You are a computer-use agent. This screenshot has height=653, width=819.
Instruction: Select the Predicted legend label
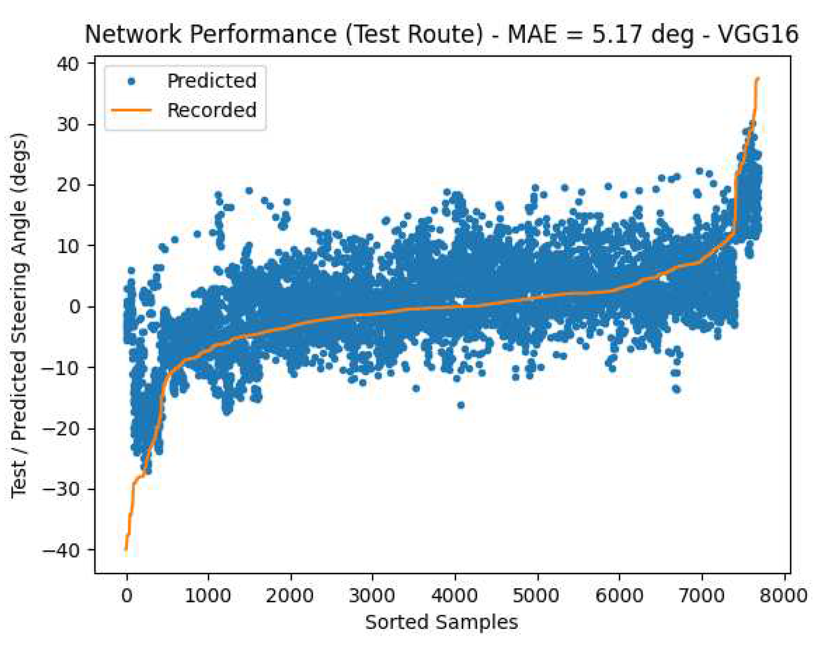pos(212,81)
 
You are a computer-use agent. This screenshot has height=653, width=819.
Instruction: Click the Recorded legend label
pos(212,110)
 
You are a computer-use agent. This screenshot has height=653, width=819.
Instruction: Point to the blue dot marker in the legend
pos(131,81)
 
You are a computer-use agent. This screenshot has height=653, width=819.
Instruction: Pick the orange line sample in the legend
pos(131,110)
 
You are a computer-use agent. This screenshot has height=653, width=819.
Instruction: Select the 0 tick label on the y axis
pos(76,307)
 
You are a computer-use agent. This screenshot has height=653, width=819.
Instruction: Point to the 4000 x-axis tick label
pos(455,596)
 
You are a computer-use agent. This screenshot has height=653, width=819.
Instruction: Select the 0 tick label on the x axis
pos(126,596)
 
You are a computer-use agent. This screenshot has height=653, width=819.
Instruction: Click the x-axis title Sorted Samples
pos(441,622)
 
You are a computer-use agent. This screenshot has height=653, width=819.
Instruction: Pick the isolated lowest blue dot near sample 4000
pos(461,405)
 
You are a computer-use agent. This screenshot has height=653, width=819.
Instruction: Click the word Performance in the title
pos(263,34)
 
